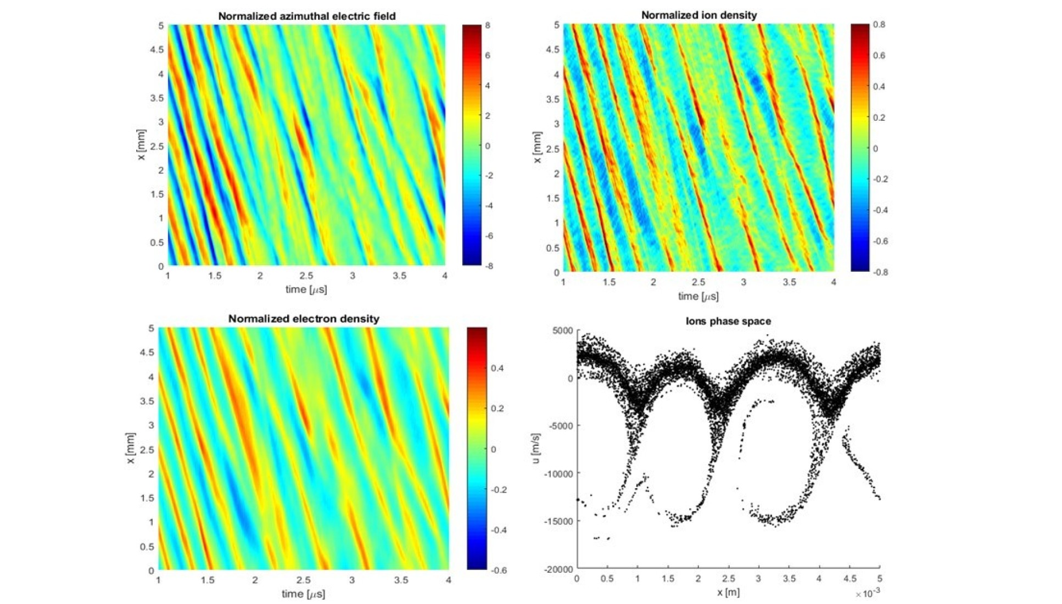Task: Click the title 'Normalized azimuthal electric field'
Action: pos(306,16)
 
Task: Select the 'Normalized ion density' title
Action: pos(698,15)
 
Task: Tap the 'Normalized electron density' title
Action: pos(304,318)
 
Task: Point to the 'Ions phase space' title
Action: pos(728,321)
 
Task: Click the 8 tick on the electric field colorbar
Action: pos(487,26)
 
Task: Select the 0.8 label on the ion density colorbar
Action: pos(879,25)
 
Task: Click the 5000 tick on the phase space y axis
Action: pos(562,331)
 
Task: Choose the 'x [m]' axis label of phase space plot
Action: pos(728,592)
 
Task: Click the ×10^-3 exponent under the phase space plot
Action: pos(868,594)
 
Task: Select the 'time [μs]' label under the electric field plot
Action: pos(306,289)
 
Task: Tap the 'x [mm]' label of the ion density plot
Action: pos(537,147)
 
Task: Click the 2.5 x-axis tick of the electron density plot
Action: pos(303,580)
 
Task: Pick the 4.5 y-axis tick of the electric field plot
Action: pos(156,49)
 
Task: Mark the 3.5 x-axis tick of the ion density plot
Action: pos(789,282)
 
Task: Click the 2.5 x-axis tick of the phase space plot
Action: pos(728,578)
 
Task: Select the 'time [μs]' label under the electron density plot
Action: pos(303,594)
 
